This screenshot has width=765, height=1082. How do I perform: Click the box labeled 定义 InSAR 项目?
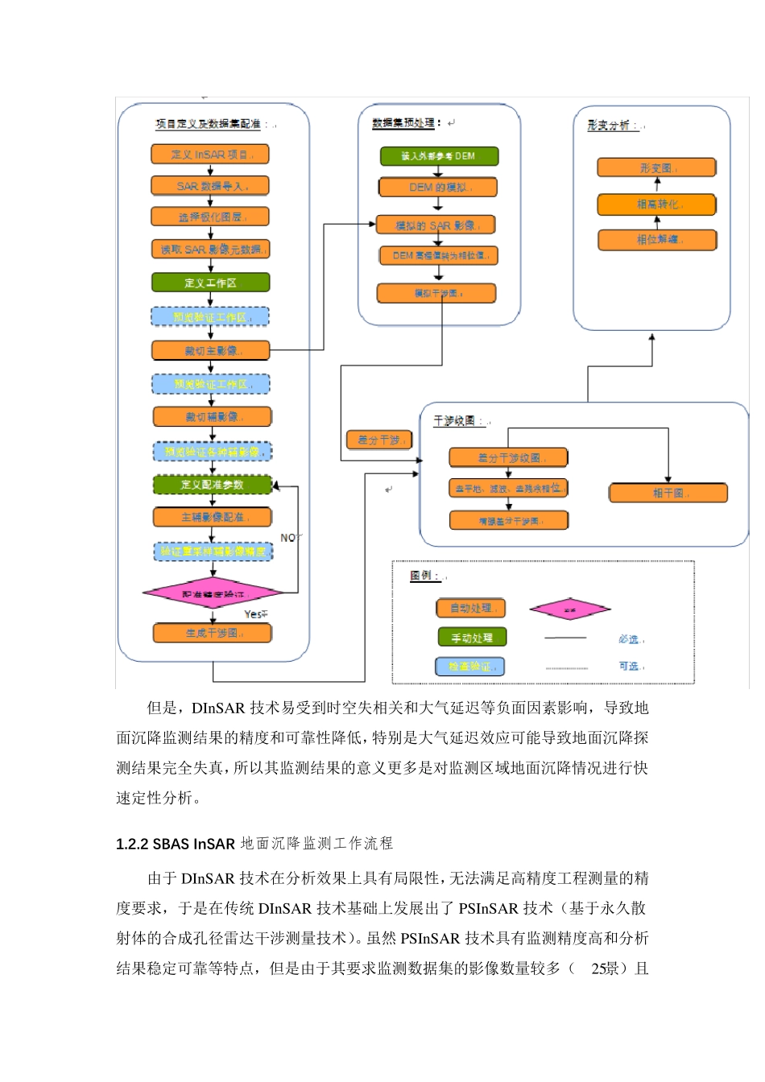[209, 154]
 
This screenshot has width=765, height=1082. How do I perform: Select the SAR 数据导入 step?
[209, 186]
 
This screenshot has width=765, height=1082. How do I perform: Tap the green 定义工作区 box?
[210, 283]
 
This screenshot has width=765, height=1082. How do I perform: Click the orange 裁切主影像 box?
[210, 350]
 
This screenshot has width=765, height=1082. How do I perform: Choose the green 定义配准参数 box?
[212, 485]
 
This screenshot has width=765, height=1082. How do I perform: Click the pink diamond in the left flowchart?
[213, 594]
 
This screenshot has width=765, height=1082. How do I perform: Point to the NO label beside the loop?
[289, 537]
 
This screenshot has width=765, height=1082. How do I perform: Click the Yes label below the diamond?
[254, 614]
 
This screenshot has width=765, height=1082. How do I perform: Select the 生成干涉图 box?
[212, 633]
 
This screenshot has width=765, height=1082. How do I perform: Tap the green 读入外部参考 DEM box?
[439, 156]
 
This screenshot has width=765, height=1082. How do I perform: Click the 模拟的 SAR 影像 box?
[435, 225]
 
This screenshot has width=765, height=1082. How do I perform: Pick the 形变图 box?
[656, 167]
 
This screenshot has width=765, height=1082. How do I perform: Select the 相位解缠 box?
[656, 240]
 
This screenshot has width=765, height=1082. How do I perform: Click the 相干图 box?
[668, 493]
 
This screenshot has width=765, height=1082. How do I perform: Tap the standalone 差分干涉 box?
[379, 440]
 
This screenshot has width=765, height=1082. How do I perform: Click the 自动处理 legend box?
[471, 609]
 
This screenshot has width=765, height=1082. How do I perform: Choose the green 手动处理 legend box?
[472, 638]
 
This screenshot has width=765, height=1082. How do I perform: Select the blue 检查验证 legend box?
[470, 667]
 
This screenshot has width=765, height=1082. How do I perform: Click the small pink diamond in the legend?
[569, 609]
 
